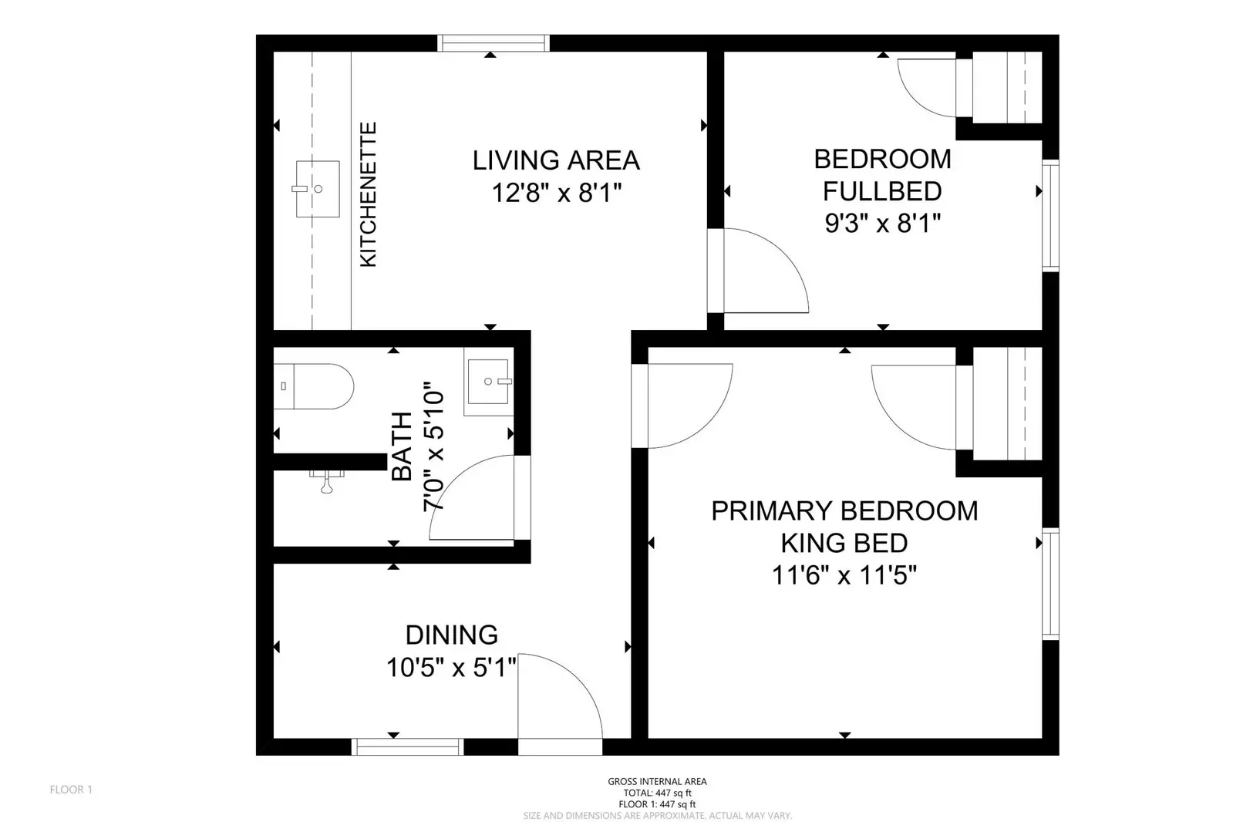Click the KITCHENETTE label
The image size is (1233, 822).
(x=369, y=195)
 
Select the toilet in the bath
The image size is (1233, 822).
(x=313, y=386)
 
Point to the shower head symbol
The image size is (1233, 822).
(x=327, y=483)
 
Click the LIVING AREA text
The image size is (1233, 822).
(x=556, y=160)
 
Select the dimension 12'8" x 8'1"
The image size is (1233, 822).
(x=556, y=193)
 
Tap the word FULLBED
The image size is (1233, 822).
(x=881, y=191)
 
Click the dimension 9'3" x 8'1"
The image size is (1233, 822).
(x=882, y=224)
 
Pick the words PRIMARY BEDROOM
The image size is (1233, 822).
(x=844, y=510)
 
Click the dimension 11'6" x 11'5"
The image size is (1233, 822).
(x=844, y=575)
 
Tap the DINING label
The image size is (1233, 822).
(x=451, y=635)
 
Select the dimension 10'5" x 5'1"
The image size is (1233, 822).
(x=451, y=667)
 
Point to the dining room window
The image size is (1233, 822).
(x=407, y=746)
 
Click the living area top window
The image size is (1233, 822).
(x=494, y=43)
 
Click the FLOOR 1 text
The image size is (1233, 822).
(x=71, y=790)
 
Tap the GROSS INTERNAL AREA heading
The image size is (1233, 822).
(x=657, y=781)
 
